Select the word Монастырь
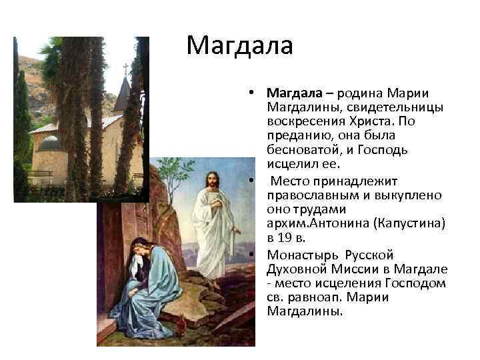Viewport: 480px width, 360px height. point(299,255)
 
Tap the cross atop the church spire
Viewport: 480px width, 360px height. point(126,69)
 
